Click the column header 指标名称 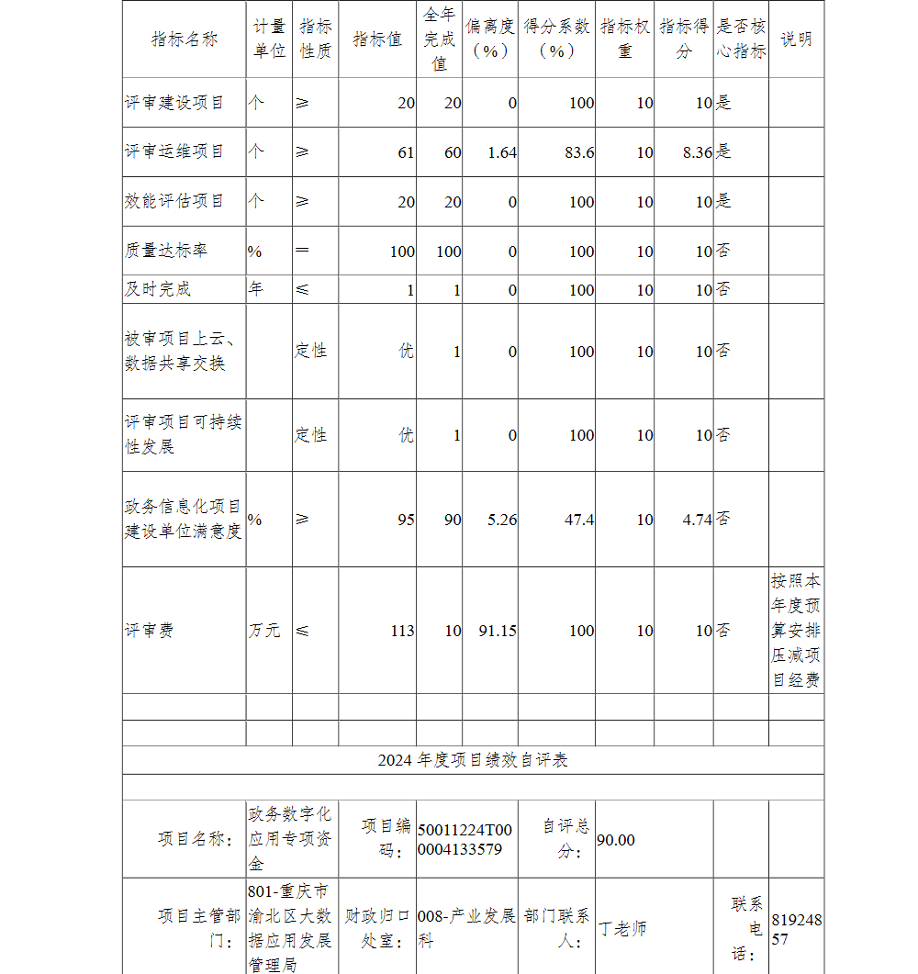[x=185, y=39]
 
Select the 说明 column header [x=796, y=39]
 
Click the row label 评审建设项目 [x=174, y=103]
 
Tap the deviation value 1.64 [x=501, y=152]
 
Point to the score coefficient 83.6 [x=578, y=152]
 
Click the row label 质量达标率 [x=165, y=251]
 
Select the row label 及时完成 [x=158, y=289]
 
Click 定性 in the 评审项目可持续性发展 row [x=311, y=434]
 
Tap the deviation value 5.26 [x=501, y=520]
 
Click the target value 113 [x=402, y=631]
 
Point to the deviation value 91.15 [x=498, y=631]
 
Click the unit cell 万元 [x=264, y=631]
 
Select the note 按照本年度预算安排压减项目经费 [x=796, y=631]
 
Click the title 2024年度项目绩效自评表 [x=473, y=760]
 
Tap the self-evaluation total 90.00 [x=615, y=840]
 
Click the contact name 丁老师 [x=622, y=928]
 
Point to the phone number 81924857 [x=796, y=929]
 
